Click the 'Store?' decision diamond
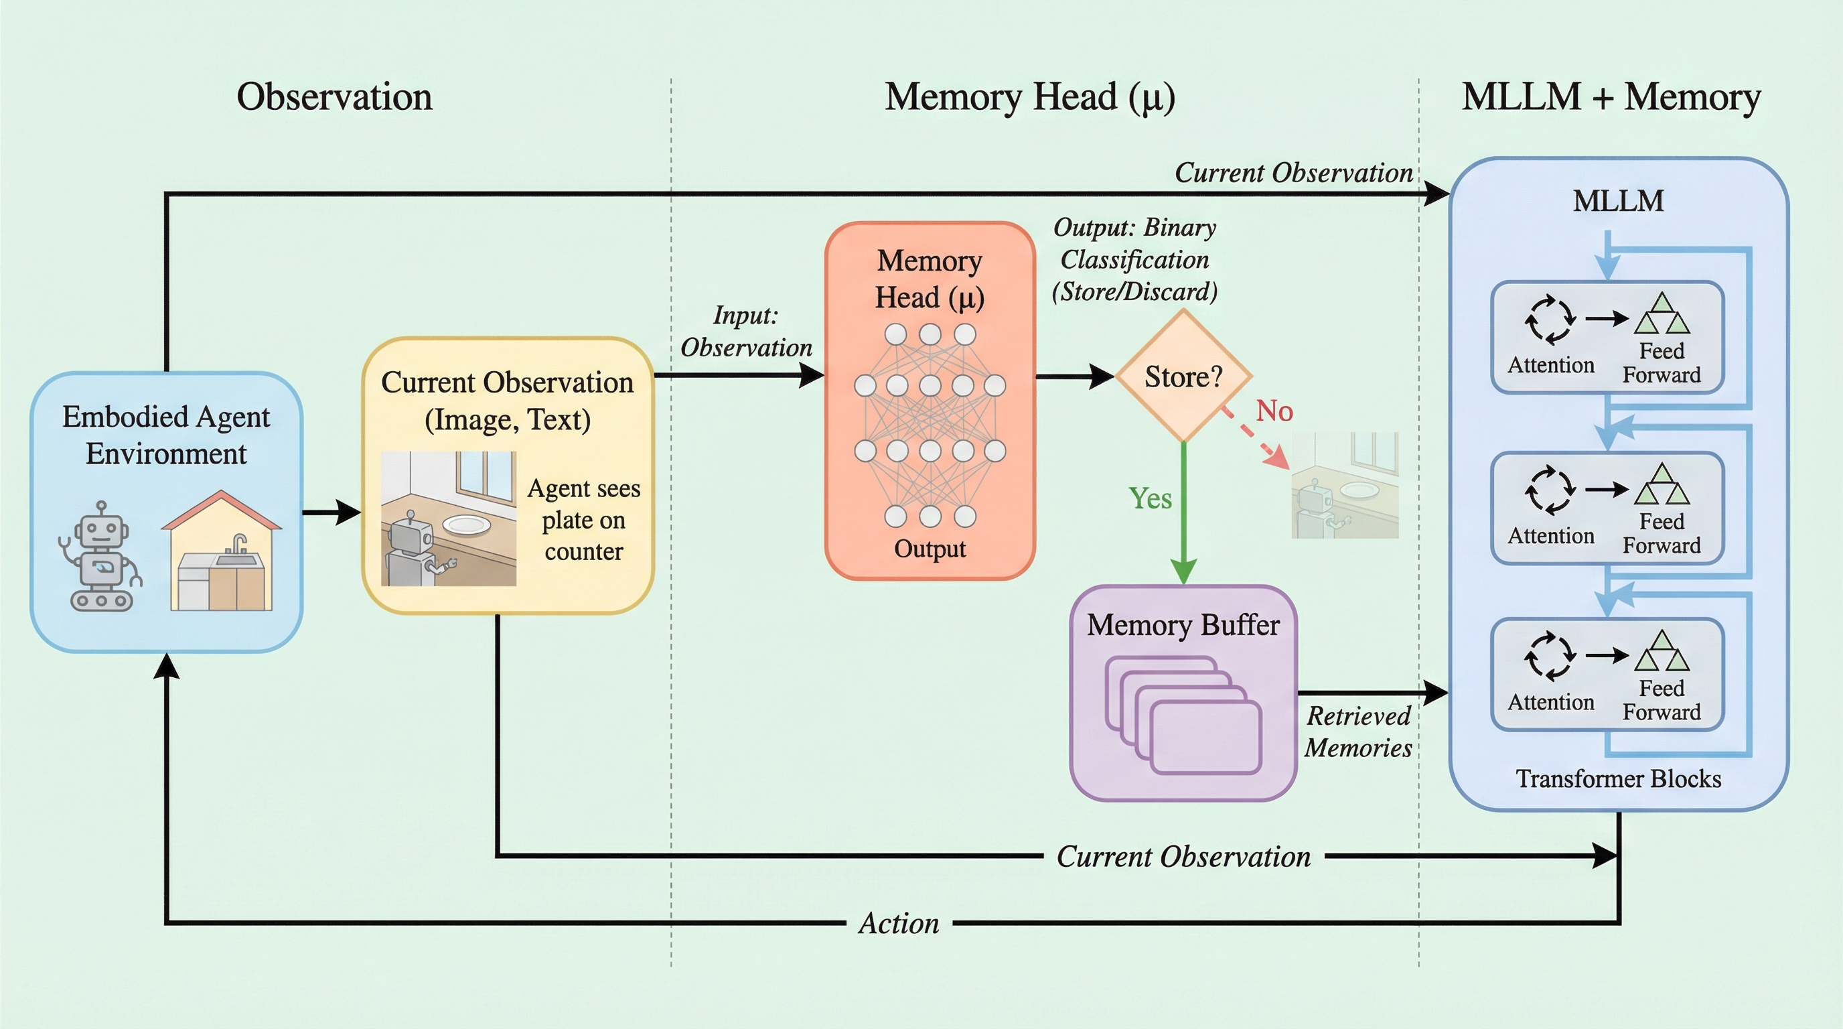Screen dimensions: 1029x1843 coord(1183,376)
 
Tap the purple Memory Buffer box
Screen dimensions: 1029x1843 coord(1183,693)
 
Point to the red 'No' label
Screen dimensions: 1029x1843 coord(1274,411)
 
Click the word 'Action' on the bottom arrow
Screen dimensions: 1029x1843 coord(899,923)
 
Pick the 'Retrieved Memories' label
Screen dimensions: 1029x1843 coord(1357,732)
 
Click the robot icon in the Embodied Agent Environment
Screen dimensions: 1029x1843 coord(101,557)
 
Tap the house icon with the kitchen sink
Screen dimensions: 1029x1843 coord(221,551)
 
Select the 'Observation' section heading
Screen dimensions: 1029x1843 coord(334,97)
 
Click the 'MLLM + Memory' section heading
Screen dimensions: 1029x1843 coord(1611,97)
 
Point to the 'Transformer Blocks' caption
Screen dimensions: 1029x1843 coord(1619,778)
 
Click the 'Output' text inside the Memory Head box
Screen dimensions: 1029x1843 coord(930,549)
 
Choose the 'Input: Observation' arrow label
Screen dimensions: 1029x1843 coord(745,332)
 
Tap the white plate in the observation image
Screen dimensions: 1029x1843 coord(467,525)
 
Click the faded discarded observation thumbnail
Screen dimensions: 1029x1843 coord(1344,485)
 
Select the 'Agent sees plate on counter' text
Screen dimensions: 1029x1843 coord(583,519)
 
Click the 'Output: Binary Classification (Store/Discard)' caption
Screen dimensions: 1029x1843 coord(1134,260)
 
